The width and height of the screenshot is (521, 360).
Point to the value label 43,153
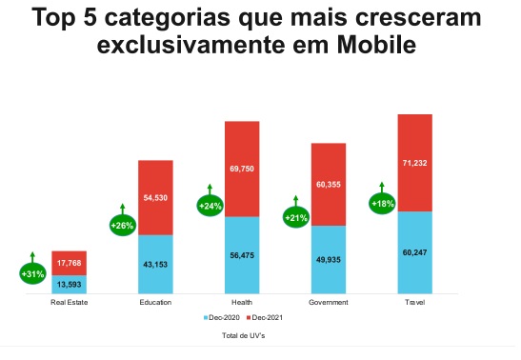pyautogui.click(x=155, y=263)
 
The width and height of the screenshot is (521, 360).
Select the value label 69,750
pyautogui.click(x=242, y=168)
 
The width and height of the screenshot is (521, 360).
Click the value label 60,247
pyautogui.click(x=414, y=253)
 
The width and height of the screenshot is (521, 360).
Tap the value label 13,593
pyautogui.click(x=70, y=284)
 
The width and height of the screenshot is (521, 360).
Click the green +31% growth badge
pyautogui.click(x=32, y=273)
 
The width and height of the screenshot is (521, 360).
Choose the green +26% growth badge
pyautogui.click(x=122, y=226)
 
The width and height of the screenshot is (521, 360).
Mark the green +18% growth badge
pyautogui.click(x=382, y=203)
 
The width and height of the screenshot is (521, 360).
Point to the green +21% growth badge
pyautogui.click(x=296, y=218)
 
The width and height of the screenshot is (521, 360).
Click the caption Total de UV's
pyautogui.click(x=242, y=335)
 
